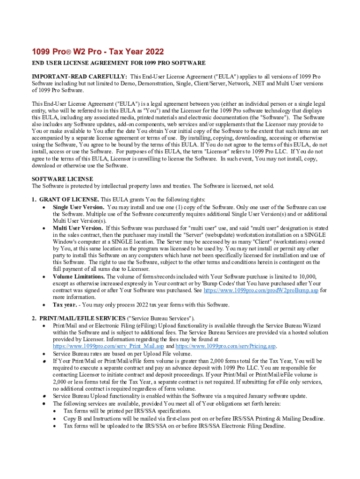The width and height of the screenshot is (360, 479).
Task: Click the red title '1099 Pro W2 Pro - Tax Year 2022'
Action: pos(98,51)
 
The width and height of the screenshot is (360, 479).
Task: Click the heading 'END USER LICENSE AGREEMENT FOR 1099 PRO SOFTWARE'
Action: pos(119,63)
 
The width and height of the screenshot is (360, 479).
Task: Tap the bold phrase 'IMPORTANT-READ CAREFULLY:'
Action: pos(79,76)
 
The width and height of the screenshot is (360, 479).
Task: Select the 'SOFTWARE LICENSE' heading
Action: pos(62,179)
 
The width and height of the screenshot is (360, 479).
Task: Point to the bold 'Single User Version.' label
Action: pos(79,207)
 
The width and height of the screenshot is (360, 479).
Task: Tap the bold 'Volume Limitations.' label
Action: pos(79,276)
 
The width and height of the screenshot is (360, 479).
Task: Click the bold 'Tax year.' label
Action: pos(65,305)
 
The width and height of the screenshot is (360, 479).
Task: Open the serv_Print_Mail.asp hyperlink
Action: pos(108,347)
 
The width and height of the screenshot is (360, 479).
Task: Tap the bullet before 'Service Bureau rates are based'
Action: pos(43,354)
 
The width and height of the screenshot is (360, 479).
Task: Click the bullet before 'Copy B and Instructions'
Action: pos(54,419)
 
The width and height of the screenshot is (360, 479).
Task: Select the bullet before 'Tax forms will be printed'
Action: pos(54,411)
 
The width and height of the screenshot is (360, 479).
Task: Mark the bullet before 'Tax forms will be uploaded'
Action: pos(54,426)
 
